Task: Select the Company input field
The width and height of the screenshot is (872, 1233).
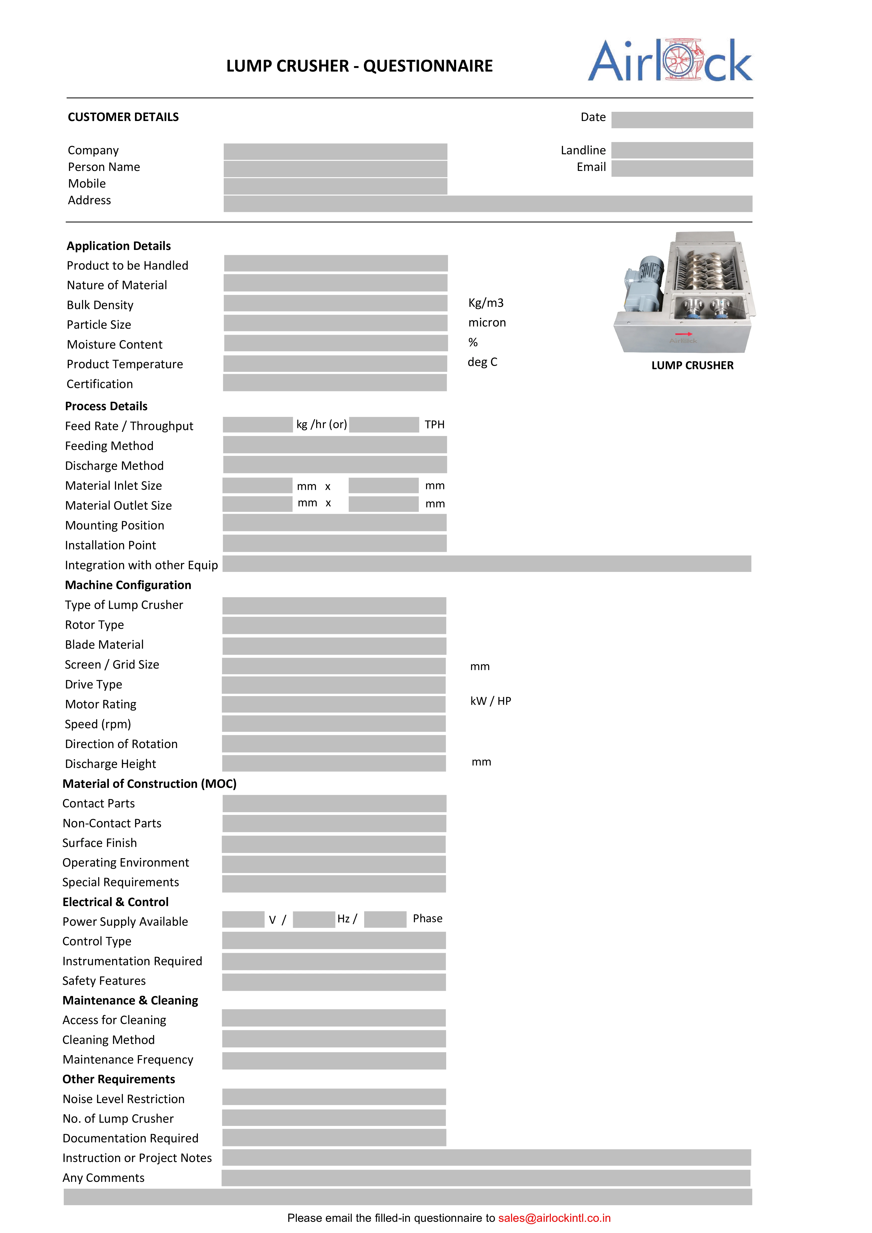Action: pos(335,152)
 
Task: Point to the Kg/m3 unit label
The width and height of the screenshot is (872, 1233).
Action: pos(486,303)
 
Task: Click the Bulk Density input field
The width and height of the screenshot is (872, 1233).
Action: pos(335,303)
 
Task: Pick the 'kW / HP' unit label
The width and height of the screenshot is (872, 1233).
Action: pos(490,701)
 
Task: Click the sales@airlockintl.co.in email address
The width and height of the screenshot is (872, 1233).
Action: pos(554,1218)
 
